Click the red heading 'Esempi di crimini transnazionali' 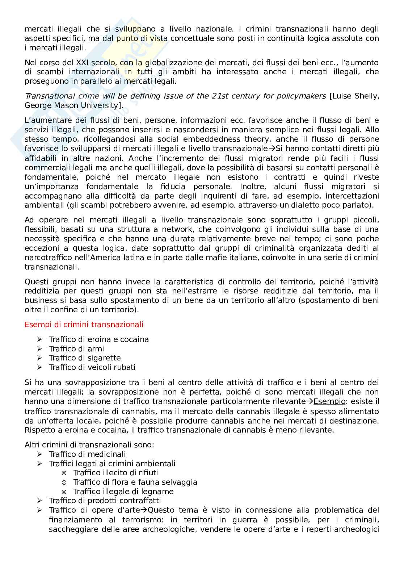pyautogui.click(x=84, y=324)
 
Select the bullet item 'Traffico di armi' pyautogui.click(x=76, y=348)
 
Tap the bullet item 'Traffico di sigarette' pyautogui.click(x=85, y=358)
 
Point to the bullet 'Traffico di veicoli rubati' pyautogui.click(x=92, y=367)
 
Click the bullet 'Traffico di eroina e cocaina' pyautogui.click(x=99, y=339)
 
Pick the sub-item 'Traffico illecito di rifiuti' pyautogui.click(x=115, y=473)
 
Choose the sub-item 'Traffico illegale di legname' pyautogui.click(x=123, y=492)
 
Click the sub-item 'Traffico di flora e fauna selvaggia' pyautogui.click(x=135, y=482)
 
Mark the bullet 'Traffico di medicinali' pyautogui.click(x=87, y=454)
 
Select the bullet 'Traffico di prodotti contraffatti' pyautogui.click(x=105, y=501)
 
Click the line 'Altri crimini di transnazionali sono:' pyautogui.click(x=89, y=445)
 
